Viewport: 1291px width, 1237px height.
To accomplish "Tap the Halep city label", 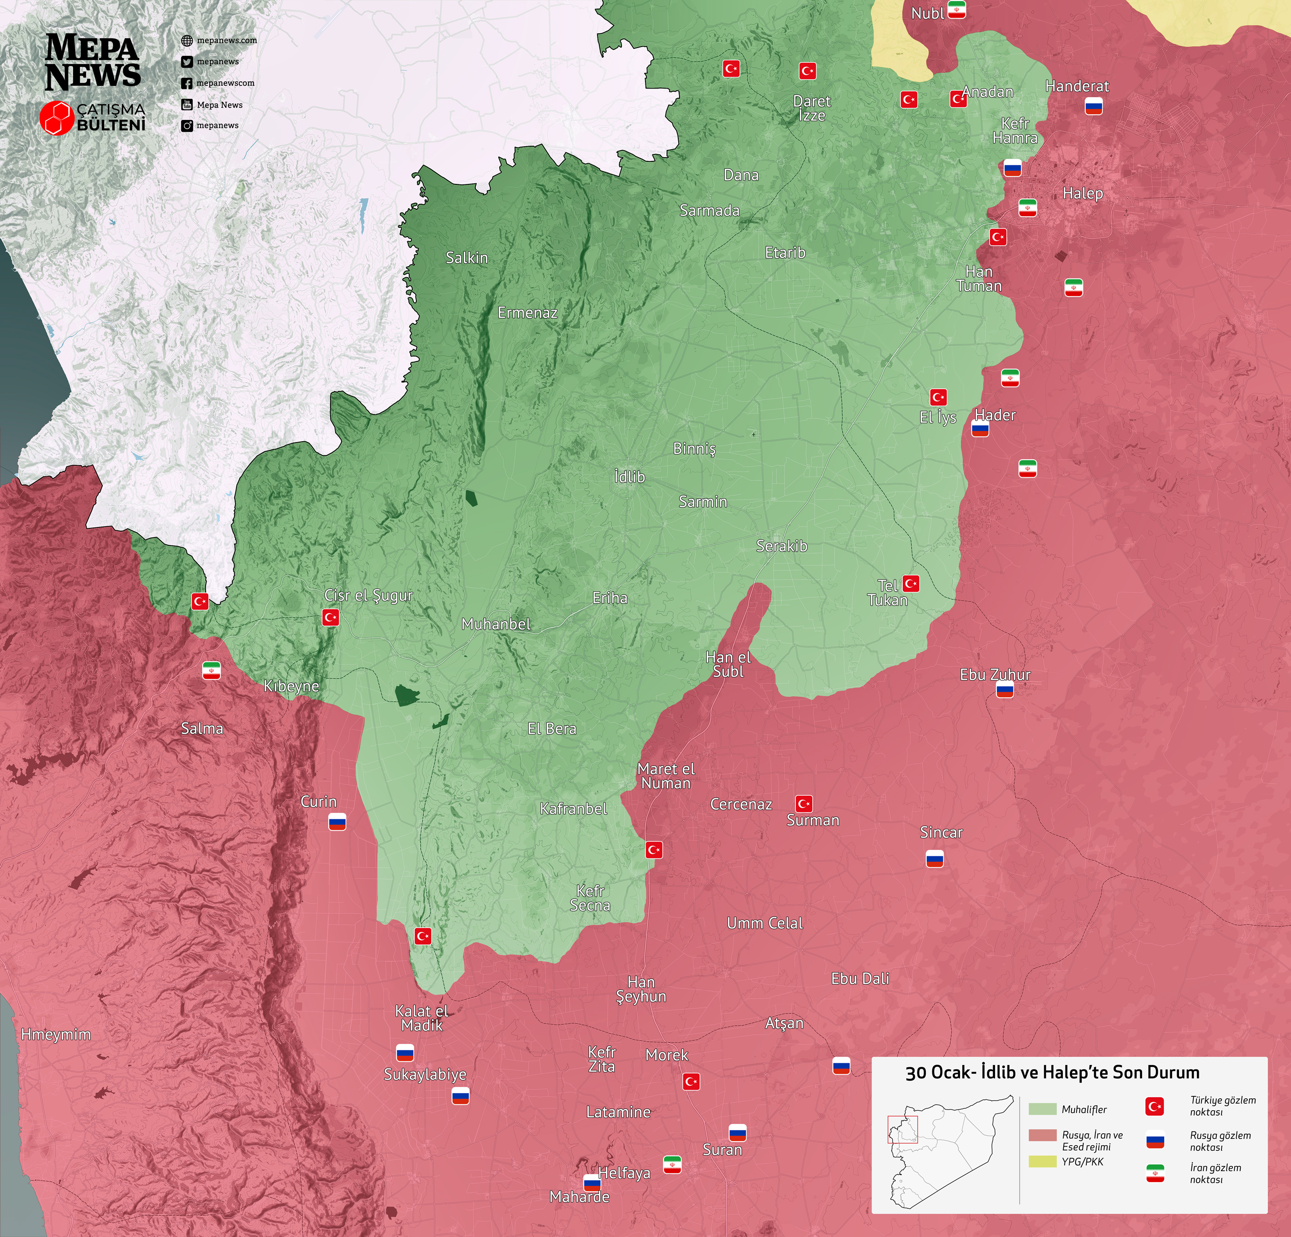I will [1082, 194].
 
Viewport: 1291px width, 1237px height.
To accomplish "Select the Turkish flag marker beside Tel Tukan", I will [911, 584].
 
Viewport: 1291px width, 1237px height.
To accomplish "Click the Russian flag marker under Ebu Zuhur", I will [1005, 690].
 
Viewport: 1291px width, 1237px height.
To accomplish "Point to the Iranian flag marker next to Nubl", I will [956, 10].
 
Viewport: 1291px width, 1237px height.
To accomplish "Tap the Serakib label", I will [781, 546].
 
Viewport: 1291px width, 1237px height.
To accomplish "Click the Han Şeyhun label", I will [641, 989].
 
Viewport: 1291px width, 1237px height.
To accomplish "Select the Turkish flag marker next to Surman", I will [804, 804].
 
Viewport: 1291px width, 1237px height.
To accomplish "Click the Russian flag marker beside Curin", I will [337, 822].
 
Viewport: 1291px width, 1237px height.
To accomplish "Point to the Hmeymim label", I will [56, 1034].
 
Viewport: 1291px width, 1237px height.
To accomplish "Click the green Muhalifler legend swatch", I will [1042, 1109].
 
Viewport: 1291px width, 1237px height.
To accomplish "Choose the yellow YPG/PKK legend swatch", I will [1042, 1161].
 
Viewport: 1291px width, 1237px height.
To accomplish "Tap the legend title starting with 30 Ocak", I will [1052, 1072].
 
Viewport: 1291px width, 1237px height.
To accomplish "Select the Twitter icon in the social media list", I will [187, 62].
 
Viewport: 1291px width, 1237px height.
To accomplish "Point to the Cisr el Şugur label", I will [368, 595].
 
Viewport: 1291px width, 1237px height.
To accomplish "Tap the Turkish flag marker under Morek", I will [691, 1082].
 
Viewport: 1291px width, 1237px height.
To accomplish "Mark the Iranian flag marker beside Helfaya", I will [672, 1165].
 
